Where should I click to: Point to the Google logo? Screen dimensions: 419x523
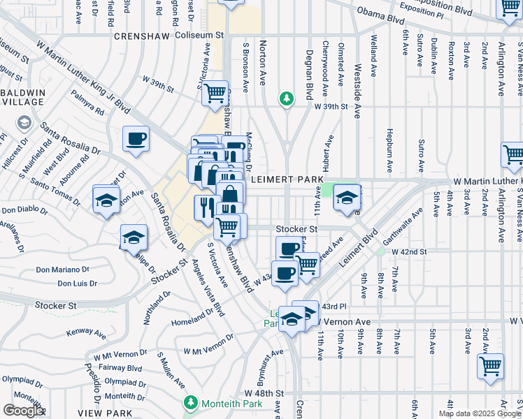[x=22, y=411]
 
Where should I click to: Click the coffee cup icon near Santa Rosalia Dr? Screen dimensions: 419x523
[x=136, y=138]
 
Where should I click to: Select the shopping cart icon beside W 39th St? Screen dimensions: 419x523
[x=215, y=92]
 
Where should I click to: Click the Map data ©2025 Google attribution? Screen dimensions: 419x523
[x=480, y=413]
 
